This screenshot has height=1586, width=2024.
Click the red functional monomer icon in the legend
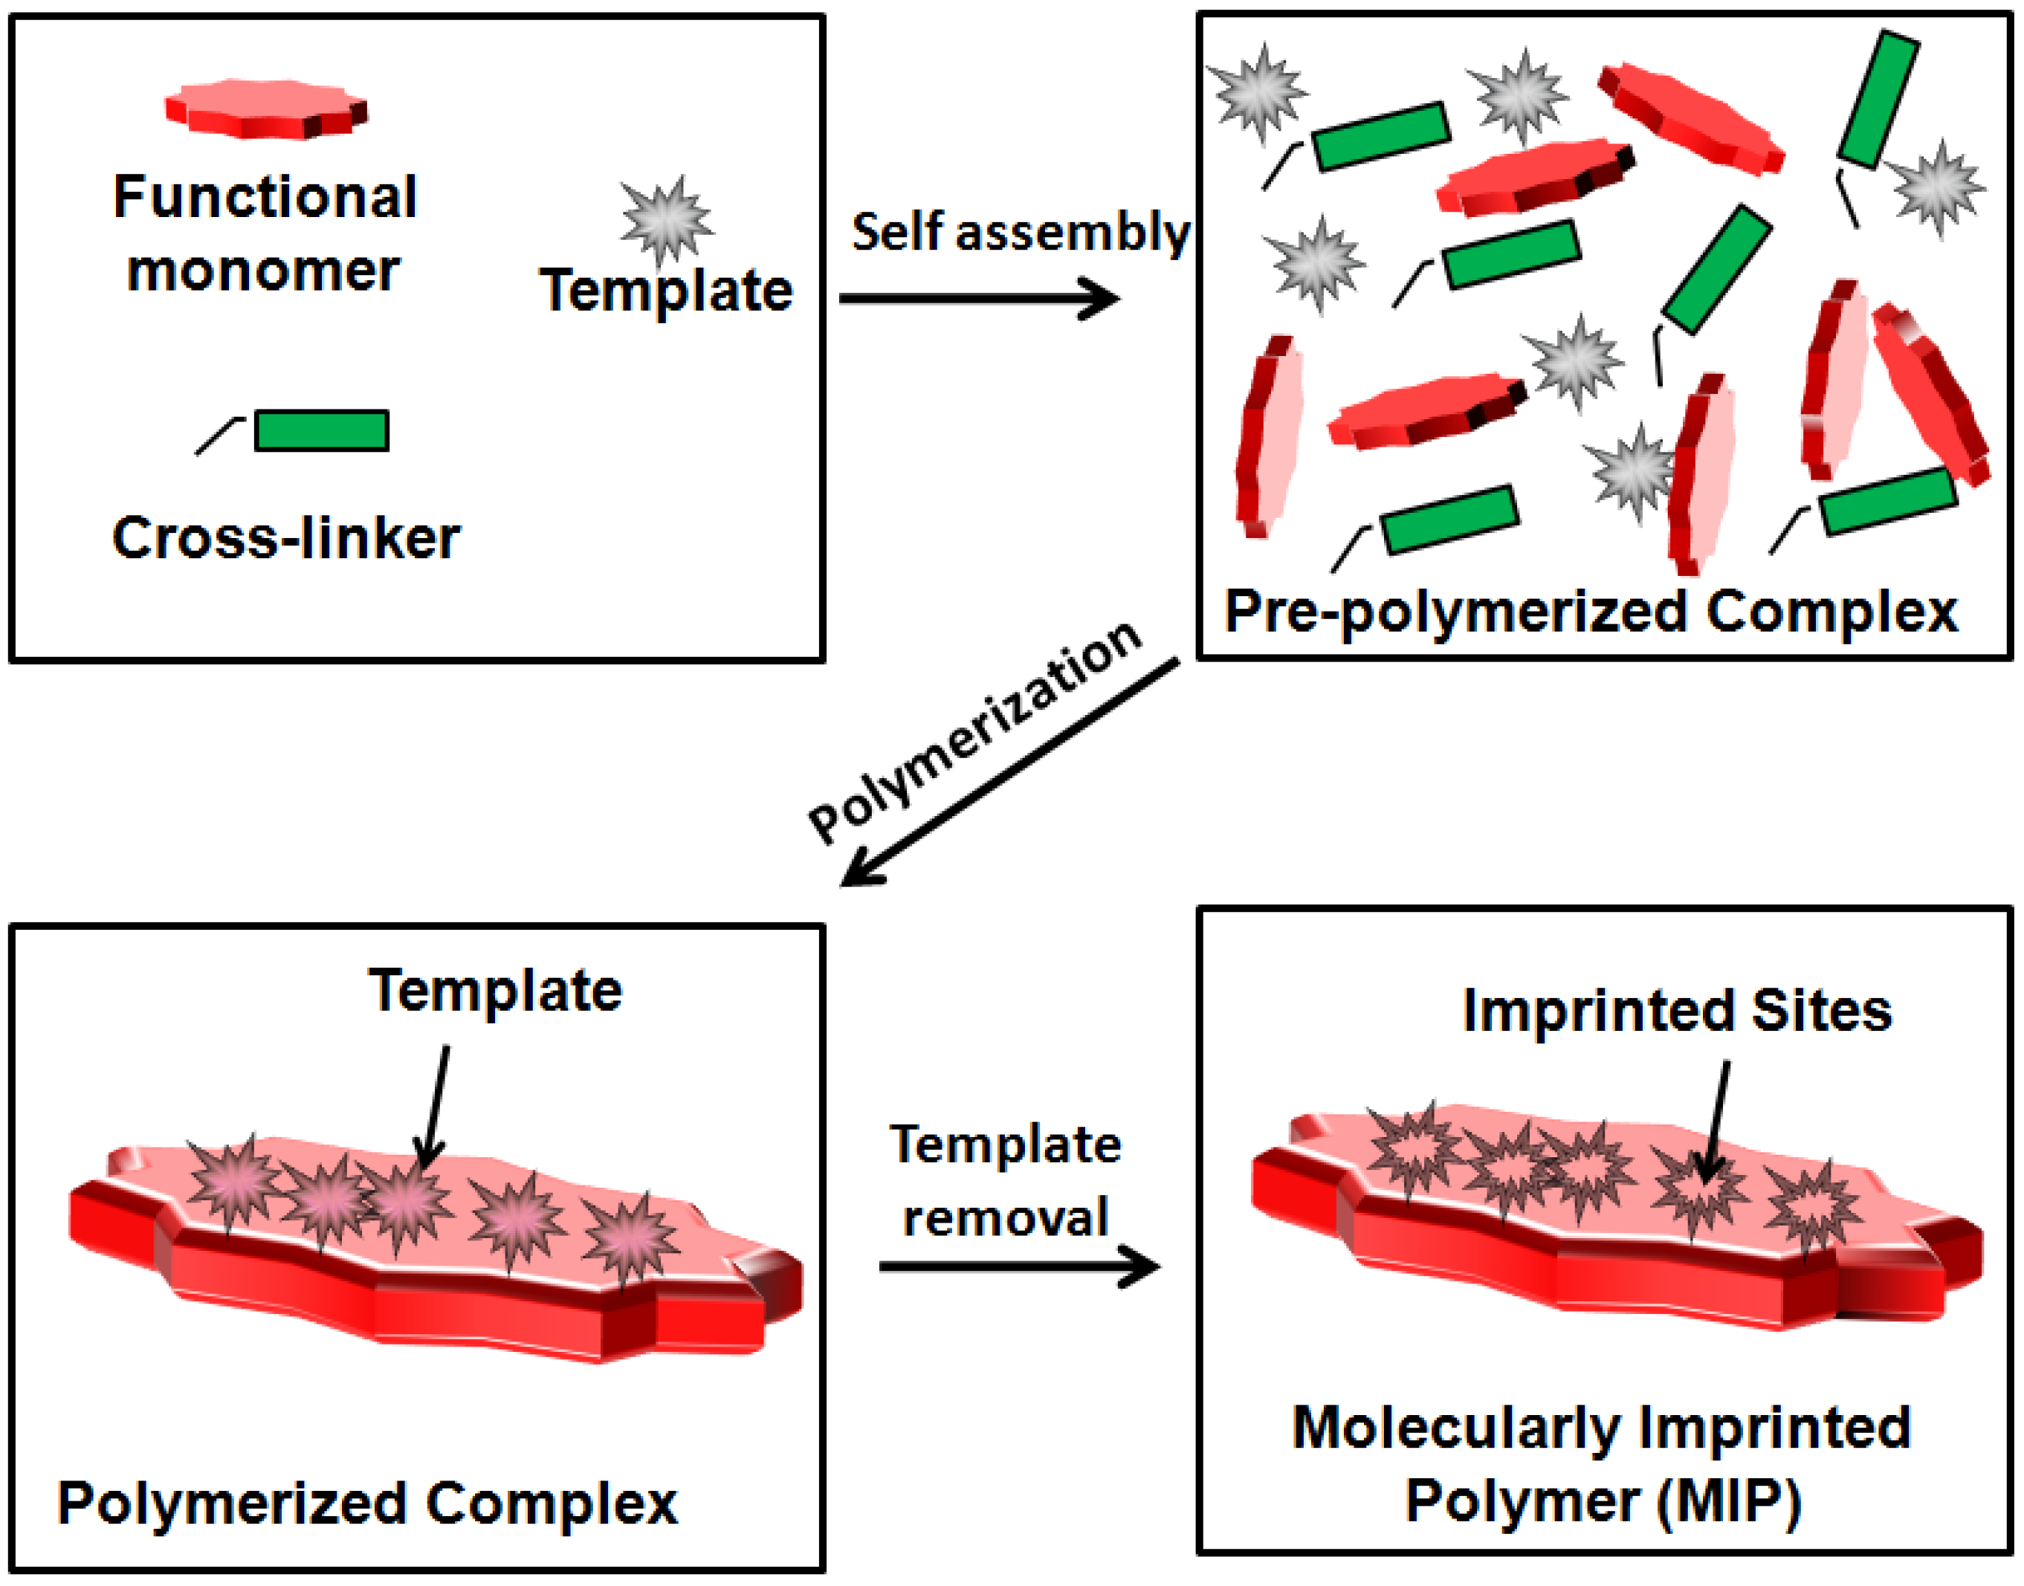266,109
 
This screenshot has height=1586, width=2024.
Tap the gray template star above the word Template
667,219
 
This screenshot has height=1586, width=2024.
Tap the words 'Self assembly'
1019,232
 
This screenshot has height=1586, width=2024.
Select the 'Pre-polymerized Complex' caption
1591,613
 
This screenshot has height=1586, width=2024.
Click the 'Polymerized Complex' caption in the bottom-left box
368,1503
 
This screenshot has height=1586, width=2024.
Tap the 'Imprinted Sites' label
1677,1010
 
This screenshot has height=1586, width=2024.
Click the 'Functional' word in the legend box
265,197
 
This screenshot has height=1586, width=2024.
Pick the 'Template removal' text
1006,1180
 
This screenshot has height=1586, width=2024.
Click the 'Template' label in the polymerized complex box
495,991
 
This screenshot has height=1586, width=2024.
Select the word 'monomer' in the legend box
264,271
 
